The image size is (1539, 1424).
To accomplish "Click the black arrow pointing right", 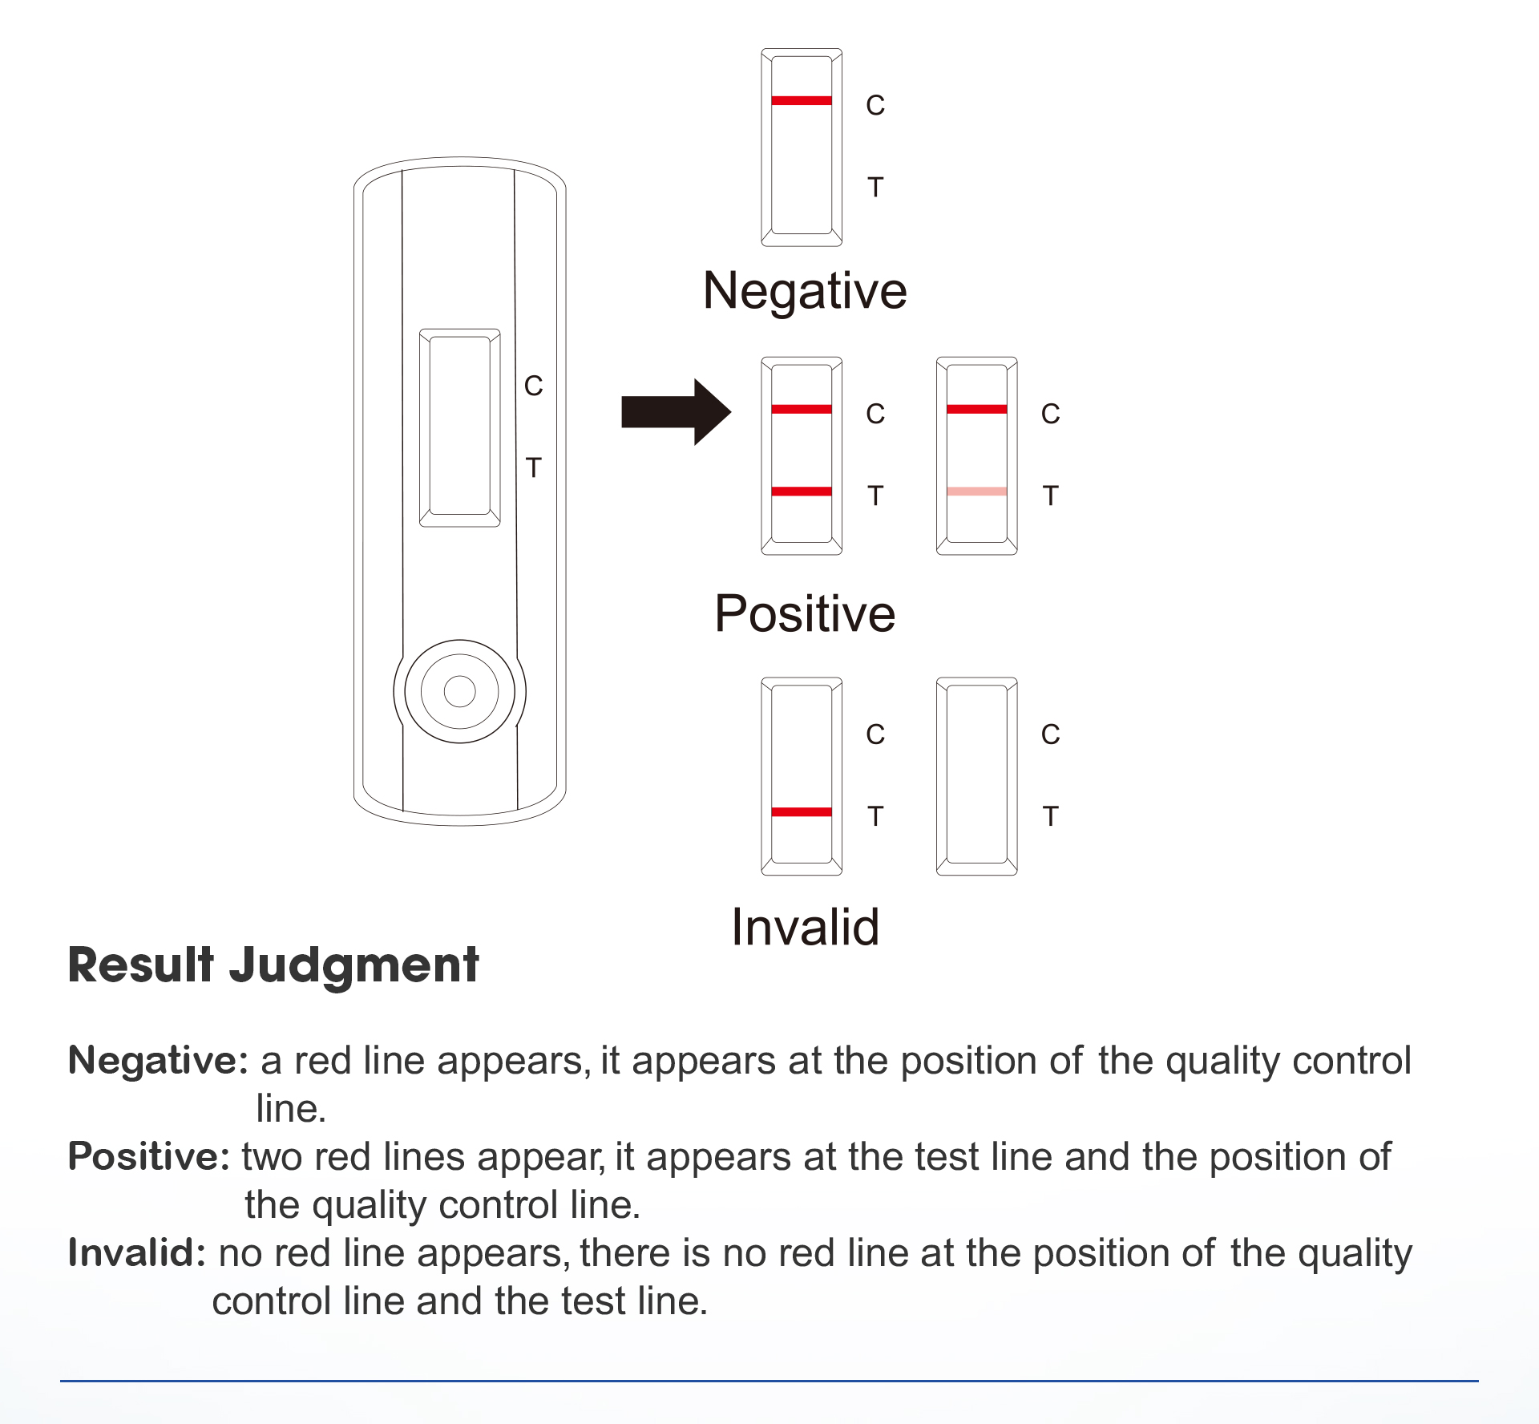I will tap(673, 412).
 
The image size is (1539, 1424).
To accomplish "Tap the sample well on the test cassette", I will tap(459, 690).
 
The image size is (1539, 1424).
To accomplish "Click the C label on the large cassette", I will tap(533, 386).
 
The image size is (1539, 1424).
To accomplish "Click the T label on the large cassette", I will tap(533, 467).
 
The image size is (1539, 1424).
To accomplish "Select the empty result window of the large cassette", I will tap(459, 427).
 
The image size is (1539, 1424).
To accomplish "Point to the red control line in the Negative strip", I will tap(801, 100).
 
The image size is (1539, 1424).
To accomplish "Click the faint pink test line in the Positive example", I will tap(976, 492).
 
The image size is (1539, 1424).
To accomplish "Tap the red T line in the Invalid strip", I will tap(801, 812).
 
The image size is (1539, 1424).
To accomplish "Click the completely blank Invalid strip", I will tap(976, 775).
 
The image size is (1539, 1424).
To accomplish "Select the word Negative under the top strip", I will tap(805, 290).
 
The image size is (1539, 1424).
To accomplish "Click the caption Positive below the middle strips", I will tap(805, 614).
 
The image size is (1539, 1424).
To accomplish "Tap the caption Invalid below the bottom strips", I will tap(805, 928).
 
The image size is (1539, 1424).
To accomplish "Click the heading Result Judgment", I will tap(273, 965).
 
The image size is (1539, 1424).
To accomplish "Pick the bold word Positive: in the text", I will tap(149, 1156).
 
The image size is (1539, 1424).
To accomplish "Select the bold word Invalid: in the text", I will tap(137, 1252).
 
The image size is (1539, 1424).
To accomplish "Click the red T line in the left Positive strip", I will tap(801, 492).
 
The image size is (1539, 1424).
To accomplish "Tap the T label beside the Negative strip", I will tap(875, 188).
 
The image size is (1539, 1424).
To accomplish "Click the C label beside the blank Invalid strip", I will tap(1050, 734).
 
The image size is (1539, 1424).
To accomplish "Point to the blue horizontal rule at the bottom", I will tap(769, 1381).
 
